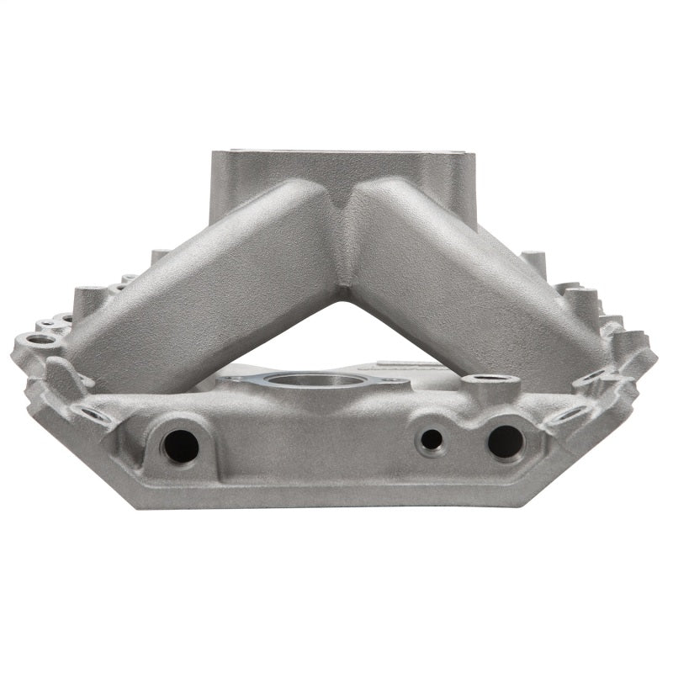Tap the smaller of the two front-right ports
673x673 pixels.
coord(432,438)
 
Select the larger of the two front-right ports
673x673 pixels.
coord(505,441)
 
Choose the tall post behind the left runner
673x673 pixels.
coord(160,256)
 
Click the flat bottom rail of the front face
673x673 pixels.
coord(336,496)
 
